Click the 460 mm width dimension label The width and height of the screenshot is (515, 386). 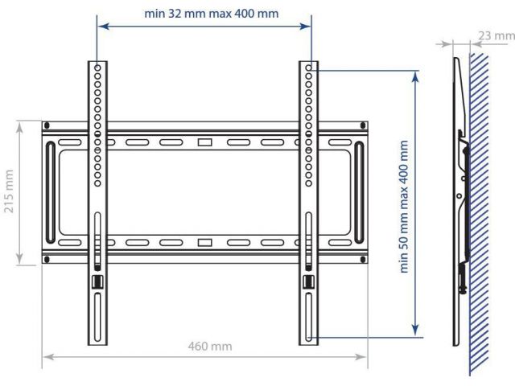point(210,347)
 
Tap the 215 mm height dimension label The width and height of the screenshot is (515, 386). point(9,191)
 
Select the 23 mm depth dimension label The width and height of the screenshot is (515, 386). point(496,35)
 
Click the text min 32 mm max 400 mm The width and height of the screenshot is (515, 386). point(212,14)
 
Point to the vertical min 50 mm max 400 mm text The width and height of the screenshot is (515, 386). point(404,207)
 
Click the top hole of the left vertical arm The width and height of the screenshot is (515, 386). point(97,68)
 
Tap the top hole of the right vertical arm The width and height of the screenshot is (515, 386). point(308,68)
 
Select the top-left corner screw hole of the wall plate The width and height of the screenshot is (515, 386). point(47,125)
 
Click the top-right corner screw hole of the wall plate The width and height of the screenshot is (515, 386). point(363,125)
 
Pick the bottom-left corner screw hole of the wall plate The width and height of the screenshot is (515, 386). point(47,260)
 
